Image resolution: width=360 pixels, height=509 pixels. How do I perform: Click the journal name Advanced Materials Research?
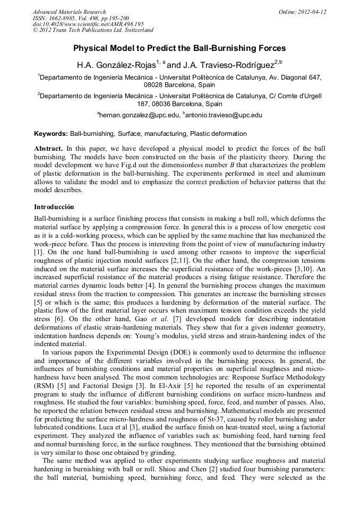69,12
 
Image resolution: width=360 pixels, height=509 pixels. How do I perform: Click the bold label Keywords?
51,134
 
